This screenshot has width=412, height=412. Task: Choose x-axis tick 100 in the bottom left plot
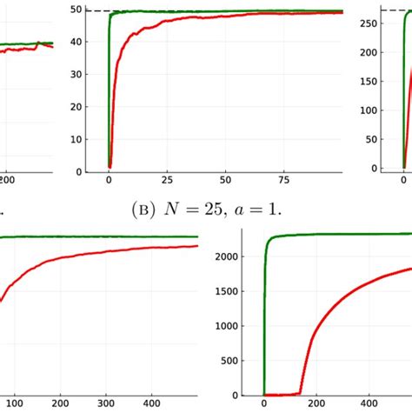[x=12, y=402]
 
